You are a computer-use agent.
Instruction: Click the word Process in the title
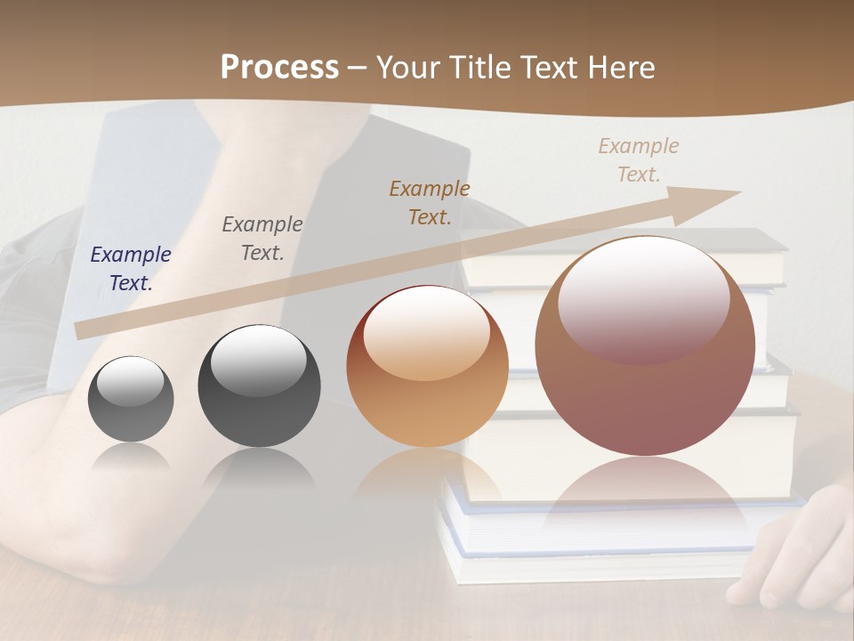pyautogui.click(x=279, y=67)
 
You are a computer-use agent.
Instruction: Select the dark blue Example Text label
pyautogui.click(x=131, y=269)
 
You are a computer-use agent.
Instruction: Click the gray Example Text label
pyautogui.click(x=262, y=239)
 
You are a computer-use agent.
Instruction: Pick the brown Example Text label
pyautogui.click(x=430, y=203)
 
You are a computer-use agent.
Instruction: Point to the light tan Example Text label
pyautogui.click(x=639, y=160)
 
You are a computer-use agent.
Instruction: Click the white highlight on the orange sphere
pyautogui.click(x=427, y=332)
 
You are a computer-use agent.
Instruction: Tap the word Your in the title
pyautogui.click(x=411, y=67)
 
